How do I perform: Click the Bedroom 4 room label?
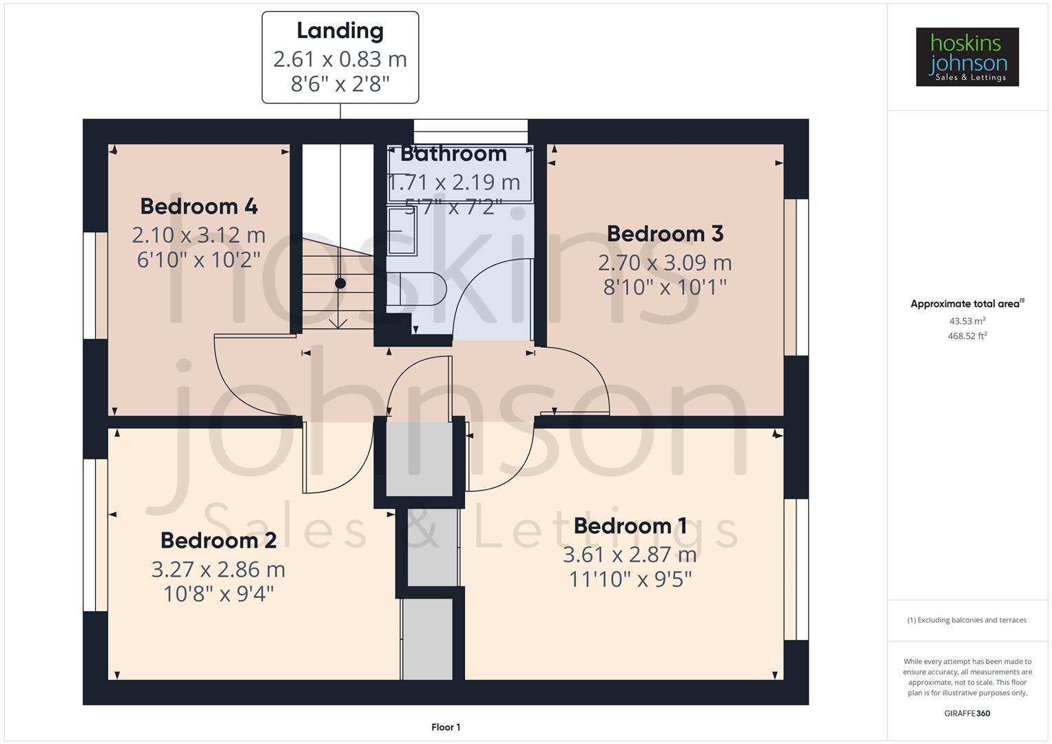[x=198, y=206]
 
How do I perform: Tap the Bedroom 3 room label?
[x=665, y=234]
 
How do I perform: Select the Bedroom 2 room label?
[x=218, y=540]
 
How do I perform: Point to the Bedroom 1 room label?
[x=630, y=526]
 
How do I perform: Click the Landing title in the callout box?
[x=340, y=30]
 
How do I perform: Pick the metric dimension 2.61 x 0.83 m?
[x=340, y=59]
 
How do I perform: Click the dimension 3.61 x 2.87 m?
[x=630, y=555]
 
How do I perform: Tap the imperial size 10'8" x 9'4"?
[x=218, y=594]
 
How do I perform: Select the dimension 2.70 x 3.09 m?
[x=665, y=262]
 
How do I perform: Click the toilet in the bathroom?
[x=420, y=289]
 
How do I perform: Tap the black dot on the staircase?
[x=340, y=283]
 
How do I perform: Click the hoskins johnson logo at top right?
[x=967, y=57]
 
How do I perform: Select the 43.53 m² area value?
[x=967, y=321]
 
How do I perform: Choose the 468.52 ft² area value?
[x=967, y=336]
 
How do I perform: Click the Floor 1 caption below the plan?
[x=446, y=727]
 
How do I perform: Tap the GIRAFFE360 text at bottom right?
[x=967, y=713]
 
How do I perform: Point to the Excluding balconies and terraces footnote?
[x=967, y=620]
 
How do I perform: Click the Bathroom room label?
[x=453, y=154]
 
